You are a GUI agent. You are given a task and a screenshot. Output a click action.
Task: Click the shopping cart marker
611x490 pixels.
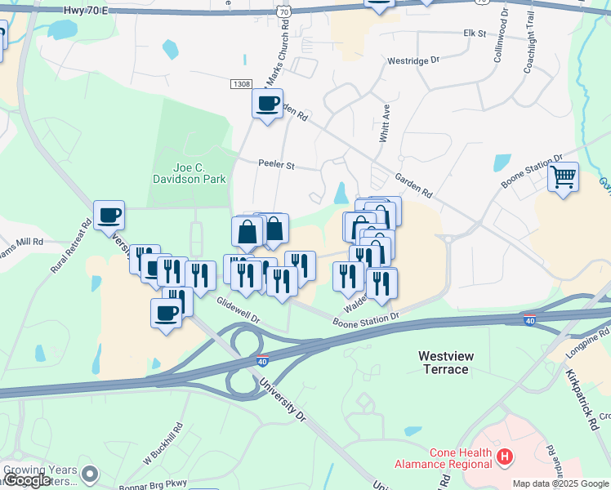[x=564, y=176]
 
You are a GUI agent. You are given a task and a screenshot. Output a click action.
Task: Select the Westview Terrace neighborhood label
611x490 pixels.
[x=454, y=363]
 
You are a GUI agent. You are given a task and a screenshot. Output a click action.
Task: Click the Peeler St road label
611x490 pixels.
[x=276, y=164]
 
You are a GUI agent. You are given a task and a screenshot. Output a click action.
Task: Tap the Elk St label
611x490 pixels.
[x=475, y=34]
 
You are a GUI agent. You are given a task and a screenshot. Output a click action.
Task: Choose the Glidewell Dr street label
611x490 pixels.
[x=237, y=309]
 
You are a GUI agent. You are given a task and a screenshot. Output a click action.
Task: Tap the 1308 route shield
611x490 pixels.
[x=241, y=84]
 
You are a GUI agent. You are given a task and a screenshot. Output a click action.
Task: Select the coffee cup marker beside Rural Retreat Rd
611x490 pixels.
[x=109, y=216]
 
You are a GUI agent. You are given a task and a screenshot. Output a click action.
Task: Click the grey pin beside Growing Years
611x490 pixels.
[x=90, y=473]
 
